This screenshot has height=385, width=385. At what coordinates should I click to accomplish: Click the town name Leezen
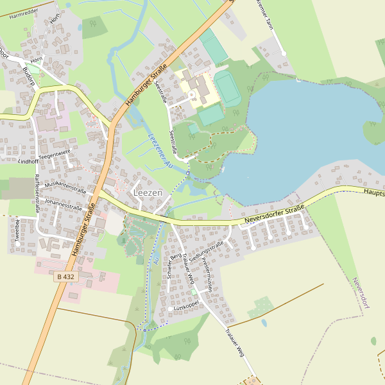(148, 193)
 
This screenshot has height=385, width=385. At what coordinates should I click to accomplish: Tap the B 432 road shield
(65, 277)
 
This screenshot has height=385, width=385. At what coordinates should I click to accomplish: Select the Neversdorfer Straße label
(274, 216)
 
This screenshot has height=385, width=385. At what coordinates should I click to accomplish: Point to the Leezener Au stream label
(160, 151)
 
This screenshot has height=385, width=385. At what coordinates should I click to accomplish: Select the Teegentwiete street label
(54, 154)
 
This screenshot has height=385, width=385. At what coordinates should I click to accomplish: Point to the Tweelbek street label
(18, 230)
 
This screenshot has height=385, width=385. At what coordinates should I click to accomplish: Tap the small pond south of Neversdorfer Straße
(264, 323)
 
